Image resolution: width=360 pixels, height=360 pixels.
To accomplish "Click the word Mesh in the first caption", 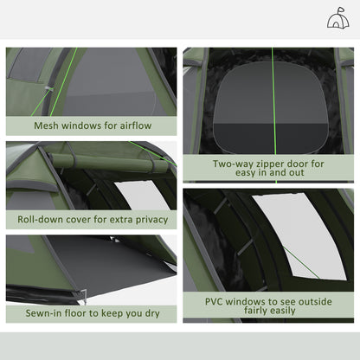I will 48,125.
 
